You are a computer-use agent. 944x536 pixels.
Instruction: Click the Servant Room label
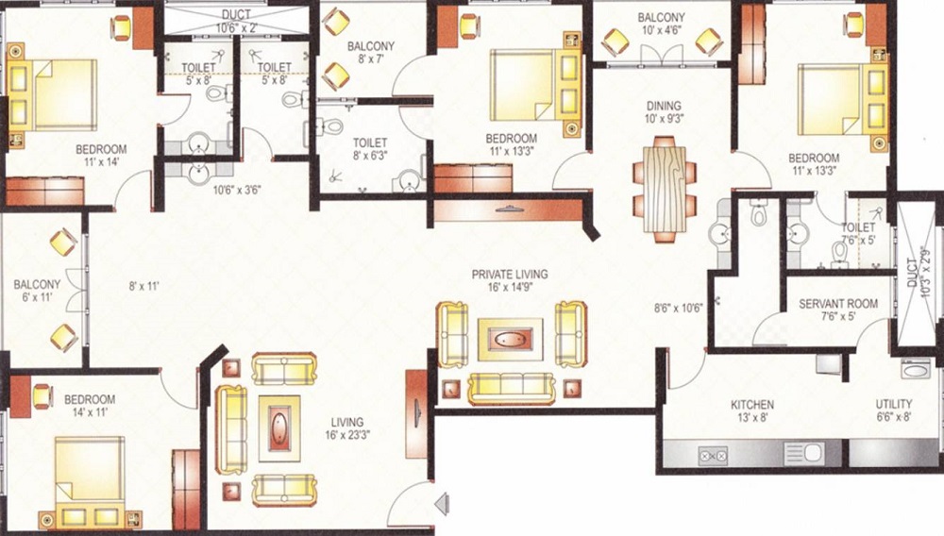(x=838, y=304)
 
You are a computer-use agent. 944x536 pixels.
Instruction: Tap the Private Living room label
(x=510, y=275)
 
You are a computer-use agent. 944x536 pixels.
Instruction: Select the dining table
(x=664, y=189)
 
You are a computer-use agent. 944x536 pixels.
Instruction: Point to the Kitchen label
(x=752, y=404)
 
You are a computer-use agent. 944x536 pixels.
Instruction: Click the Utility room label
(x=893, y=404)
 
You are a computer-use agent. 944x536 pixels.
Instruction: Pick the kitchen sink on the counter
(x=803, y=454)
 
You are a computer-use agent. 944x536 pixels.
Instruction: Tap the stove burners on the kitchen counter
(x=713, y=456)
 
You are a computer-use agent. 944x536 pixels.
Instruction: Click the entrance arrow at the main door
(x=443, y=504)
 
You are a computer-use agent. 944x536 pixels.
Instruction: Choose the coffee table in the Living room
(x=279, y=428)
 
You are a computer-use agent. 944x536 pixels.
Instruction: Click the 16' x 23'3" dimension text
(x=346, y=435)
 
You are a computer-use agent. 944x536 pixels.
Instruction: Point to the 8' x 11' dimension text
(x=143, y=287)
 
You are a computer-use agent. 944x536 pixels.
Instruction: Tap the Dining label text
(x=664, y=106)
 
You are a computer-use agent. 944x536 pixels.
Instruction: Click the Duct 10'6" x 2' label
(x=236, y=21)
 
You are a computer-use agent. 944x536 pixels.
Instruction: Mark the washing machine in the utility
(x=916, y=369)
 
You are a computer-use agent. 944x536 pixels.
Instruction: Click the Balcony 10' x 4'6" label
(x=661, y=24)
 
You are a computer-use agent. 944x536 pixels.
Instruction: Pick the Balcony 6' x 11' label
(x=37, y=290)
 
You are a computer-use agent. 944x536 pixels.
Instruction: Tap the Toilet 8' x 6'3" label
(x=370, y=149)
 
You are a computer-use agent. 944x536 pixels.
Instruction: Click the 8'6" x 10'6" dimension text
(x=679, y=309)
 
